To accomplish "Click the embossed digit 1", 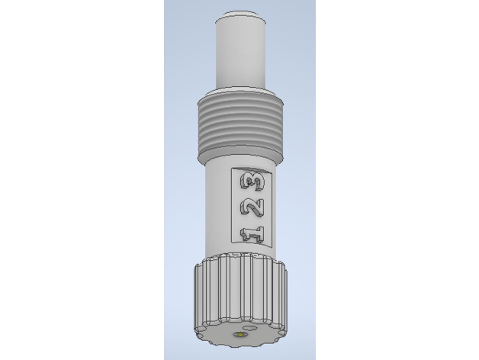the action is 252,234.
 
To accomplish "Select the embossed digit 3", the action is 252,182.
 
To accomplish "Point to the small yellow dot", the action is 241,335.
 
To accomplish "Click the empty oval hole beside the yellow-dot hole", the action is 251,328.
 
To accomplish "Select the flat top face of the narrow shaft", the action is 240,14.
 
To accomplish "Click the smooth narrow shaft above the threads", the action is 240,52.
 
